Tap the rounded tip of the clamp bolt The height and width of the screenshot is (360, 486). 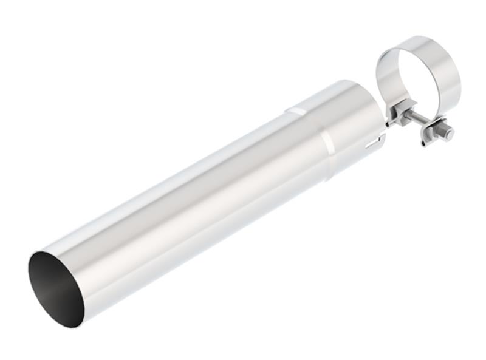450,134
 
